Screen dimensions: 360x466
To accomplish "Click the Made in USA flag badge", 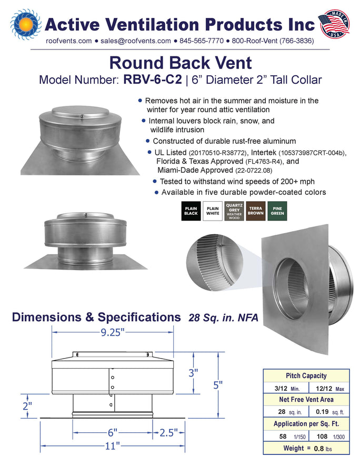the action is point(334,24).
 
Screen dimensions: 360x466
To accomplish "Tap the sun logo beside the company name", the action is point(26,24).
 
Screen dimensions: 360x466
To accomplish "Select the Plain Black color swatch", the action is point(191,211).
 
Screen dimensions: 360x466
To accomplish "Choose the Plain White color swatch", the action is point(213,211).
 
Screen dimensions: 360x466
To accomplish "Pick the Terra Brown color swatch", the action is point(256,211).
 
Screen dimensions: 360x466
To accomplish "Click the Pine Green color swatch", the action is point(277,211).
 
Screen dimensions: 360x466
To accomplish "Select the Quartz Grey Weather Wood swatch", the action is point(234,211).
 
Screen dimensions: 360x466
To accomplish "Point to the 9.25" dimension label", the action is point(111,332).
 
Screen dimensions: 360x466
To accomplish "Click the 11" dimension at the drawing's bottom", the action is point(112,446).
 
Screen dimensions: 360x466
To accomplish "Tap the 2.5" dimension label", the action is point(169,433).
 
